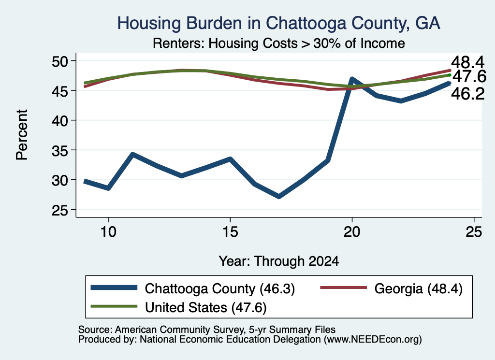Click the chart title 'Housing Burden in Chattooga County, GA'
pos(278,23)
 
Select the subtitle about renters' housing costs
pos(279,43)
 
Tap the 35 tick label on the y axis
pos(60,150)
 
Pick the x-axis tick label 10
pos(108,232)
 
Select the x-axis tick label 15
pos(230,232)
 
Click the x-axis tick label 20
pos(352,232)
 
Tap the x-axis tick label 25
pos(474,232)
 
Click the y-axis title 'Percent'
pos(22,135)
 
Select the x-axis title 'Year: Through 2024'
pos(279,261)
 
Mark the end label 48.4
pos(467,62)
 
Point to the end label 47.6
pos(469,76)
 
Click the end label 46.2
pos(467,94)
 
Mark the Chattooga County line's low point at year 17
pos(279,197)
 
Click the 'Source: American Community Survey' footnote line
pos(207,330)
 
